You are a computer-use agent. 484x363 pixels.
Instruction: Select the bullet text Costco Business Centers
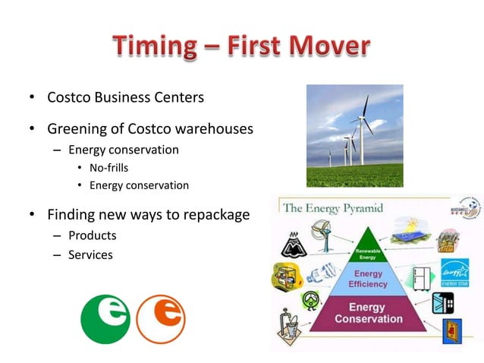(x=125, y=98)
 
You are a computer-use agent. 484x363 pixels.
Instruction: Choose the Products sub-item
(x=92, y=235)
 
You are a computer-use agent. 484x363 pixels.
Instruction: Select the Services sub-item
(x=90, y=255)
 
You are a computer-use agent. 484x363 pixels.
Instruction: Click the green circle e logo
(x=105, y=319)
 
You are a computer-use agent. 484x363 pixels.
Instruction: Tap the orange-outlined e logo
(x=161, y=319)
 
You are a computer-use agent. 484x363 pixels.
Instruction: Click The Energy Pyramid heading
(x=332, y=207)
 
